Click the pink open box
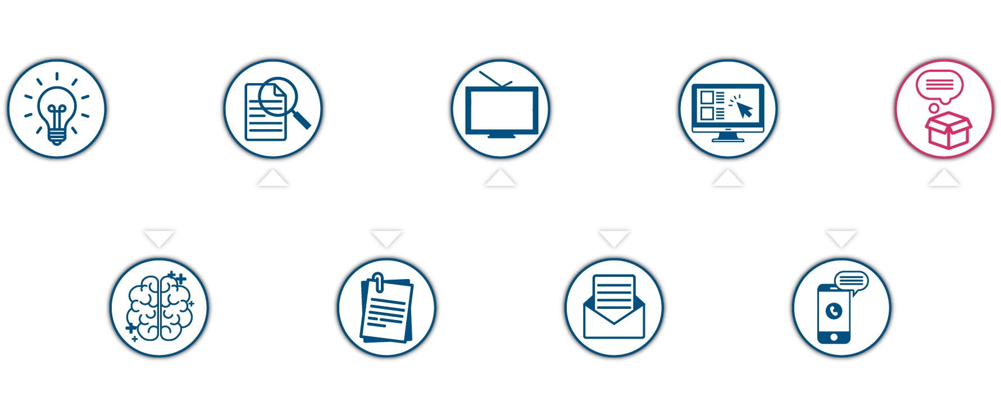(x=948, y=130)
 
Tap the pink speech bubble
(x=940, y=86)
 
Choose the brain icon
(x=160, y=308)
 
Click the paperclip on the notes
(x=378, y=282)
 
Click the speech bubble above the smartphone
(x=852, y=281)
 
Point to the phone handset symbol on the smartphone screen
(x=834, y=311)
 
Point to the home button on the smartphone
(x=834, y=337)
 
